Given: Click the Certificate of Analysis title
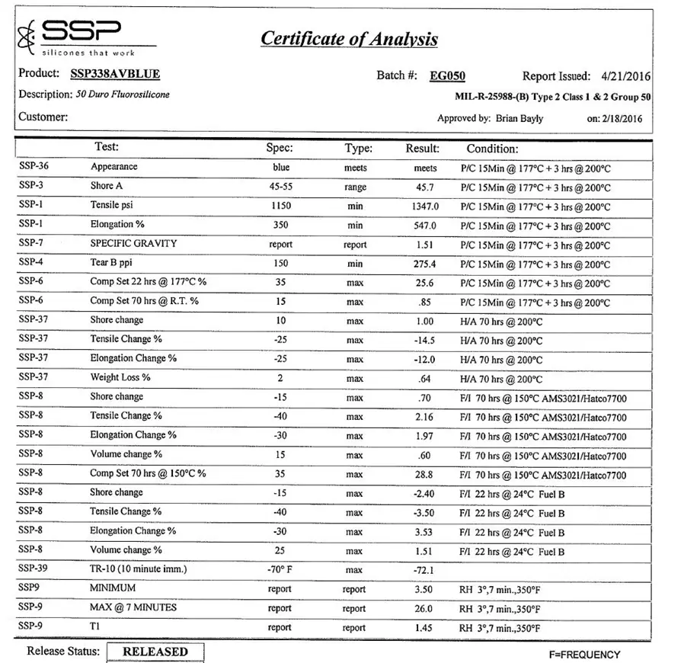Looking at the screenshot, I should (x=349, y=38).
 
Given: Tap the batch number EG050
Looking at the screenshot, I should (x=447, y=75).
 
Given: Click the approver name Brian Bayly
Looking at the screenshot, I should (x=519, y=118).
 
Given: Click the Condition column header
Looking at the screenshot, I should (x=492, y=149).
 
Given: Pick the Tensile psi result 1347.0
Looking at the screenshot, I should (x=425, y=207).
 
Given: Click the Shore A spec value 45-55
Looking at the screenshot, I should (x=280, y=187).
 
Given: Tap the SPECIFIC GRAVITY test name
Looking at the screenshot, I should (x=133, y=244).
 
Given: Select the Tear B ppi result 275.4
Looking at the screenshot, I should (x=425, y=264).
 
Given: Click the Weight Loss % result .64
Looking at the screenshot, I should (x=427, y=379).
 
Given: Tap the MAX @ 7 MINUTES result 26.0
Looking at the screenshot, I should (x=424, y=608).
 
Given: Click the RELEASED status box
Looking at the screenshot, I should (x=155, y=652).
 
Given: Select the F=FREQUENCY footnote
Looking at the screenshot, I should (x=584, y=655).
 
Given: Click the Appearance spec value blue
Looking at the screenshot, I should (x=280, y=167).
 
